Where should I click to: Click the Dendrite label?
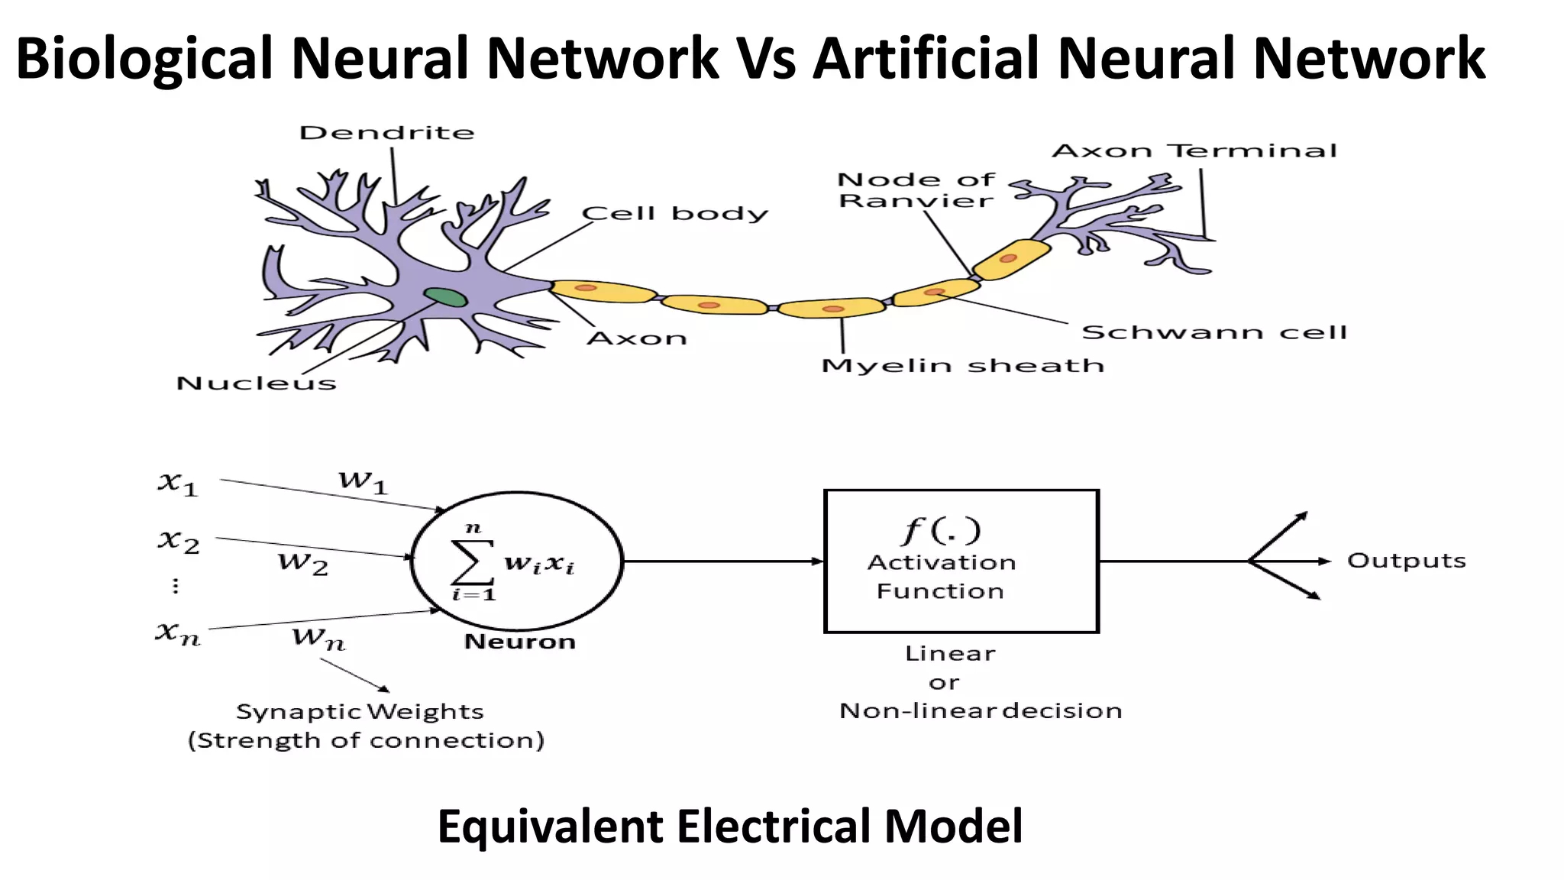point(386,133)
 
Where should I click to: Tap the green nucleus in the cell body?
point(445,296)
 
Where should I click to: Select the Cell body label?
point(674,213)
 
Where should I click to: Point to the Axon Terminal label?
point(1194,150)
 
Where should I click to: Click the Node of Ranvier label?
point(916,190)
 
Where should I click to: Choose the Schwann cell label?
point(1214,332)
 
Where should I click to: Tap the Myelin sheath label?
point(962,366)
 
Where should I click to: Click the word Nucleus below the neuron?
point(256,383)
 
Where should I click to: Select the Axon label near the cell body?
point(637,338)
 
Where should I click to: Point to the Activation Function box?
point(961,561)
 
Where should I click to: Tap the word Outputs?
point(1406,561)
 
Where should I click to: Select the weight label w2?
point(303,563)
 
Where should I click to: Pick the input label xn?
point(178,632)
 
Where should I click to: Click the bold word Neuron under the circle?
point(519,642)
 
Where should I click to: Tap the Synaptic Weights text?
point(360,712)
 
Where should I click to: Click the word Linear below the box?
point(950,654)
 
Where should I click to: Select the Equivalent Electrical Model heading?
point(729,827)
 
